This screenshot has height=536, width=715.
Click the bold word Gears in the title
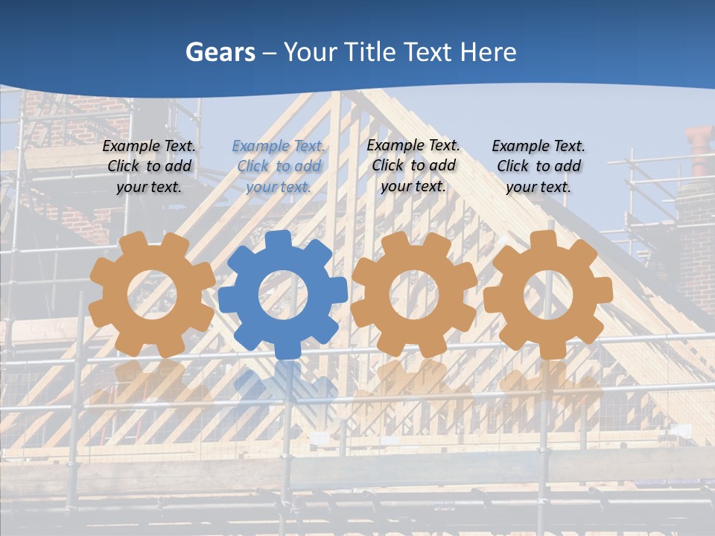click(x=220, y=52)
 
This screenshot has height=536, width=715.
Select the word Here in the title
click(x=488, y=52)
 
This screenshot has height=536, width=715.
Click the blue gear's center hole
click(x=283, y=295)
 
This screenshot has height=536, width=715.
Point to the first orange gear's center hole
click(x=152, y=293)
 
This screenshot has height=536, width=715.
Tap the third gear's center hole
click(x=414, y=293)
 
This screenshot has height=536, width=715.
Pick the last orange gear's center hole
click(x=547, y=293)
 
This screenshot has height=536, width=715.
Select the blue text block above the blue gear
click(x=279, y=167)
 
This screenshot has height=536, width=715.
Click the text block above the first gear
click(x=149, y=167)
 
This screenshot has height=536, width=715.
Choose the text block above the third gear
click(x=413, y=165)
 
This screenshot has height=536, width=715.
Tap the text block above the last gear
click(x=538, y=167)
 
